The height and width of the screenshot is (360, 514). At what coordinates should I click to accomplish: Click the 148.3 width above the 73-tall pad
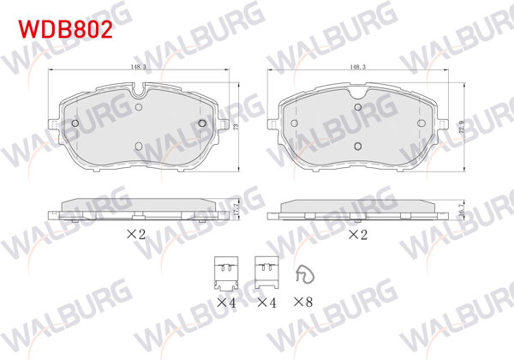click(139, 65)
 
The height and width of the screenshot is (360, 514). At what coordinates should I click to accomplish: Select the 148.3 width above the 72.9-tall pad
click(359, 65)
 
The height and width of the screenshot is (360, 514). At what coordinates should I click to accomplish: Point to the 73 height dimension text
click(235, 126)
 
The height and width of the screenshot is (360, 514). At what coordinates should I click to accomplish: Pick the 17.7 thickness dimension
click(235, 209)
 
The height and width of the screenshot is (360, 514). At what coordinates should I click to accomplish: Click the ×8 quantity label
click(304, 303)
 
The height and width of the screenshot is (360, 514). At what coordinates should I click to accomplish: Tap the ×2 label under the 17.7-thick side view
click(138, 234)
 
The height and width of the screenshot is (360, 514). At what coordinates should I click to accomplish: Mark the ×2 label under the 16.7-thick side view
click(358, 234)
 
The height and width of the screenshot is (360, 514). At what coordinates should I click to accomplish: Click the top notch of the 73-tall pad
click(138, 87)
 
